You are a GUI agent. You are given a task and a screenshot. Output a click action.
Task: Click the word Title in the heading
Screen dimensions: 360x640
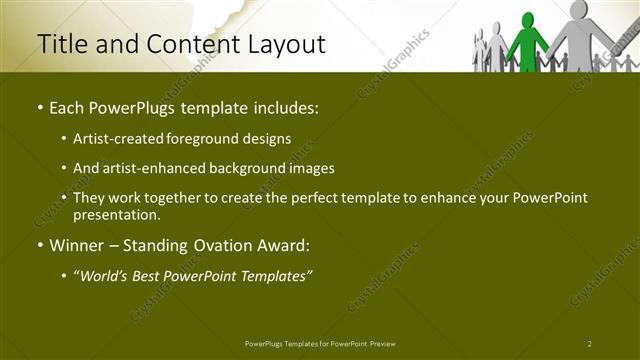(x=61, y=44)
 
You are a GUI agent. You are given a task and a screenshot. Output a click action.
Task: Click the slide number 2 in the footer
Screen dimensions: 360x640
(x=590, y=343)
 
